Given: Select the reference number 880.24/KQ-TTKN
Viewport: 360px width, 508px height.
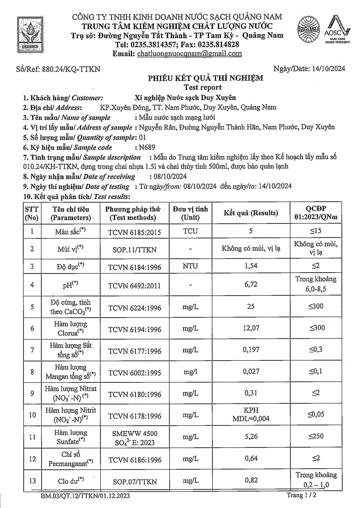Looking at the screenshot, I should [71, 69].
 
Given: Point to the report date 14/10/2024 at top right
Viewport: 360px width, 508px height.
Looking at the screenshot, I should [327, 69].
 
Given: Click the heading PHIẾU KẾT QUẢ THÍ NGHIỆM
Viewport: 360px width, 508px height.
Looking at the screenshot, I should [205, 79].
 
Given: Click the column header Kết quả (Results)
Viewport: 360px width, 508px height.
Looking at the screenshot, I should [251, 213].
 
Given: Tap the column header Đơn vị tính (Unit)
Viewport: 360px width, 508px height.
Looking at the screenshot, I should [190, 213].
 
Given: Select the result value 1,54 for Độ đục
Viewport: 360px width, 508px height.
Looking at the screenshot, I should [251, 266].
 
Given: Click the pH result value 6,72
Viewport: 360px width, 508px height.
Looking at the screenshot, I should [251, 284].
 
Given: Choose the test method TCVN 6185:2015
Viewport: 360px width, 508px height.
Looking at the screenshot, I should [134, 232].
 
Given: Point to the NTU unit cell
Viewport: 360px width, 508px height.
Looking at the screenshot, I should [190, 266].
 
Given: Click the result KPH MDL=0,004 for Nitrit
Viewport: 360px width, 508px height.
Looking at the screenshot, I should [251, 415].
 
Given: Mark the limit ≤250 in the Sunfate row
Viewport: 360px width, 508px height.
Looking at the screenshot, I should [316, 436].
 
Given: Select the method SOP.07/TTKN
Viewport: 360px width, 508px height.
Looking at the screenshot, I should [134, 482].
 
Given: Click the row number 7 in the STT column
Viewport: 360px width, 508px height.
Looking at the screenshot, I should [32, 350].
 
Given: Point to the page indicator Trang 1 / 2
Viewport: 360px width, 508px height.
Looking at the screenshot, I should [301, 495].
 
